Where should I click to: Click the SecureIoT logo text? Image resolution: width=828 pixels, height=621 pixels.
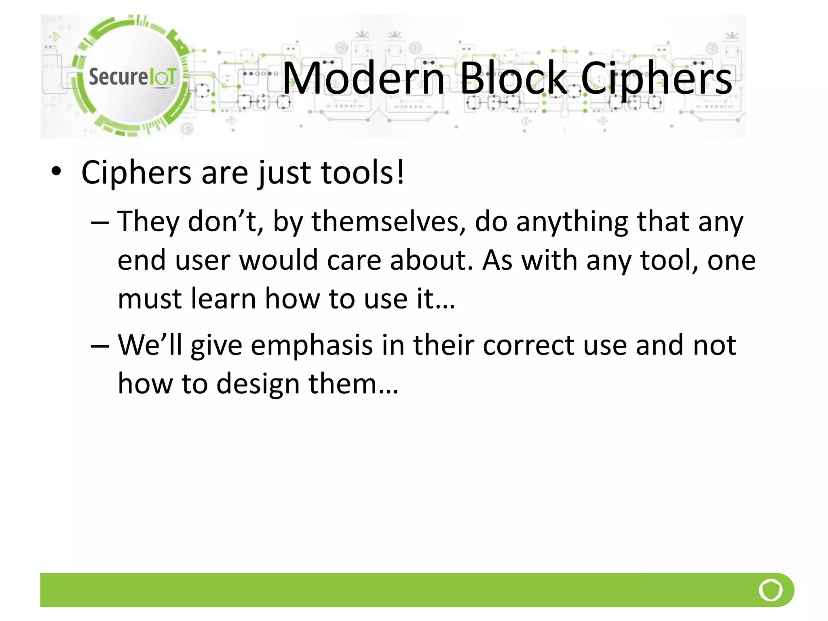[x=133, y=76]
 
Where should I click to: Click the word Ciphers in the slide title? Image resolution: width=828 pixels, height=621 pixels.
[x=656, y=79]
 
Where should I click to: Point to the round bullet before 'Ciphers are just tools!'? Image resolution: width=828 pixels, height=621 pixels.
[x=56, y=171]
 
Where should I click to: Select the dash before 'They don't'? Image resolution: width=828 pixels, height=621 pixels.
[x=100, y=222]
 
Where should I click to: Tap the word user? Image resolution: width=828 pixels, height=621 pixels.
[x=203, y=260]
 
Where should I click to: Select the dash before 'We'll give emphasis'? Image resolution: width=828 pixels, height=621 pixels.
[x=100, y=346]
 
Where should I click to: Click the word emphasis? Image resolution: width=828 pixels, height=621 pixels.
[x=312, y=346]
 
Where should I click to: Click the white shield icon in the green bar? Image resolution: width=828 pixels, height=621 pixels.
[x=771, y=590]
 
